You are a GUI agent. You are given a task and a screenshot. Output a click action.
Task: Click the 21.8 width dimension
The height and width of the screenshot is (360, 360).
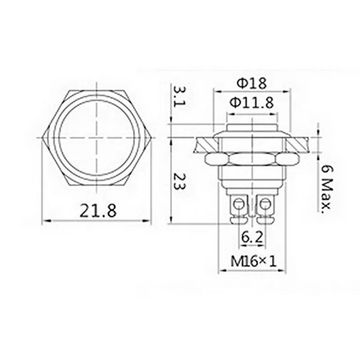pos(98,211)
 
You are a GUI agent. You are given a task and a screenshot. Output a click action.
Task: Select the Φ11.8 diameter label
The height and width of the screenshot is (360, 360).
pos(252,103)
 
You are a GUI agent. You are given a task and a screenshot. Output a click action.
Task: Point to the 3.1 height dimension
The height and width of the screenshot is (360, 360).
pos(180,97)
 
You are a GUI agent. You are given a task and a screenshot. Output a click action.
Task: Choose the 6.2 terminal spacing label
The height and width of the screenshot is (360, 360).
pos(252,238)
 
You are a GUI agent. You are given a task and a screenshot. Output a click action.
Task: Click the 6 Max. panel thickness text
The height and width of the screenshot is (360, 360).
pos(327,188)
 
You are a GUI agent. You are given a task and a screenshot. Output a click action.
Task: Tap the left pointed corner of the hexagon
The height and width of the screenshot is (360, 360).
pos(42,137)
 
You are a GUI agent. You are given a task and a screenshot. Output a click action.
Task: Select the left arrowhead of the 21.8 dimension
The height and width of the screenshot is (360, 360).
pos(45,221)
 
